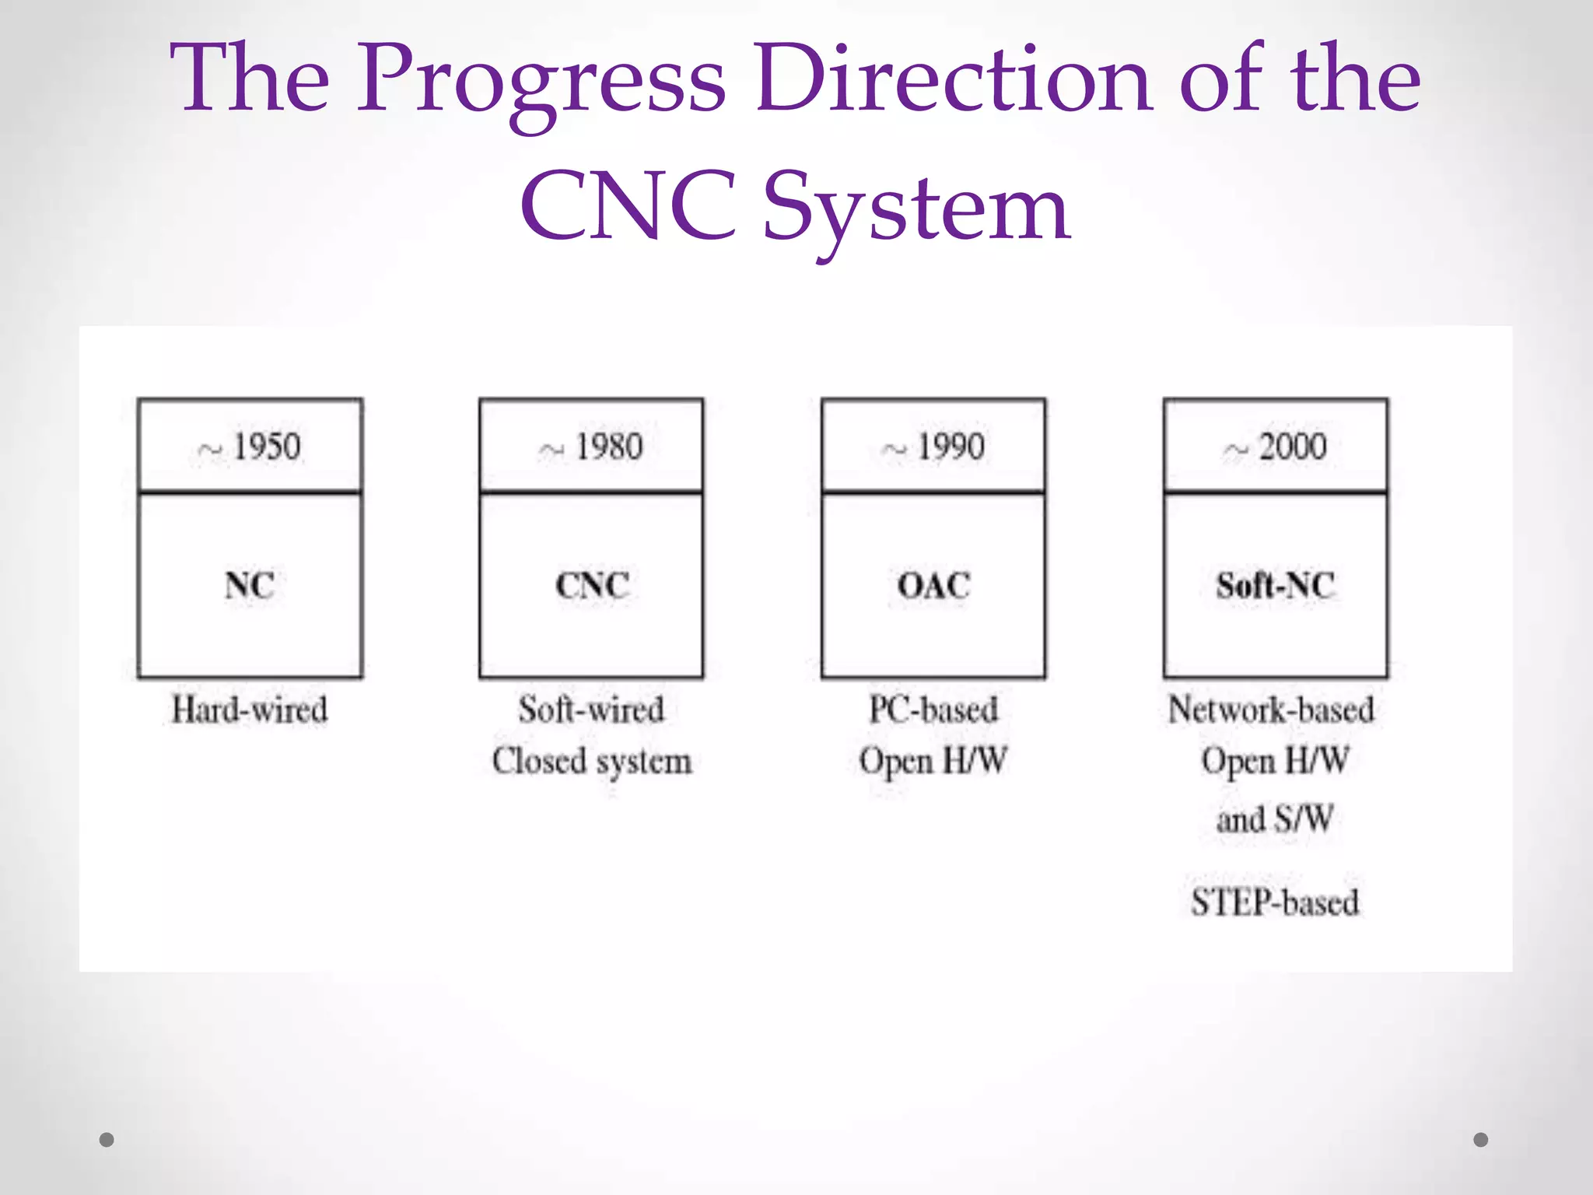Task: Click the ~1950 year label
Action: click(250, 447)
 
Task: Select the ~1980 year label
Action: click(592, 447)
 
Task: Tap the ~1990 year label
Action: click(933, 447)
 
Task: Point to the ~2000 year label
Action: click(1276, 447)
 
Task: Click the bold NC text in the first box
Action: click(250, 585)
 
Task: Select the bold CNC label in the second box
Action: click(592, 585)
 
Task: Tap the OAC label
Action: click(933, 585)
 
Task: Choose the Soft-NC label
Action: click(1276, 585)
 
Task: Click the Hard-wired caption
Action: click(250, 710)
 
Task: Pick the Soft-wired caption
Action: click(592, 710)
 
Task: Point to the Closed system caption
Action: click(592, 761)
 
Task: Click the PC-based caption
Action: click(933, 710)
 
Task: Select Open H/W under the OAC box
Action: click(933, 761)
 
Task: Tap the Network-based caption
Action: click(1272, 710)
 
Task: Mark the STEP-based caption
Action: click(1276, 902)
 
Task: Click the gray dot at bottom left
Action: click(107, 1140)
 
